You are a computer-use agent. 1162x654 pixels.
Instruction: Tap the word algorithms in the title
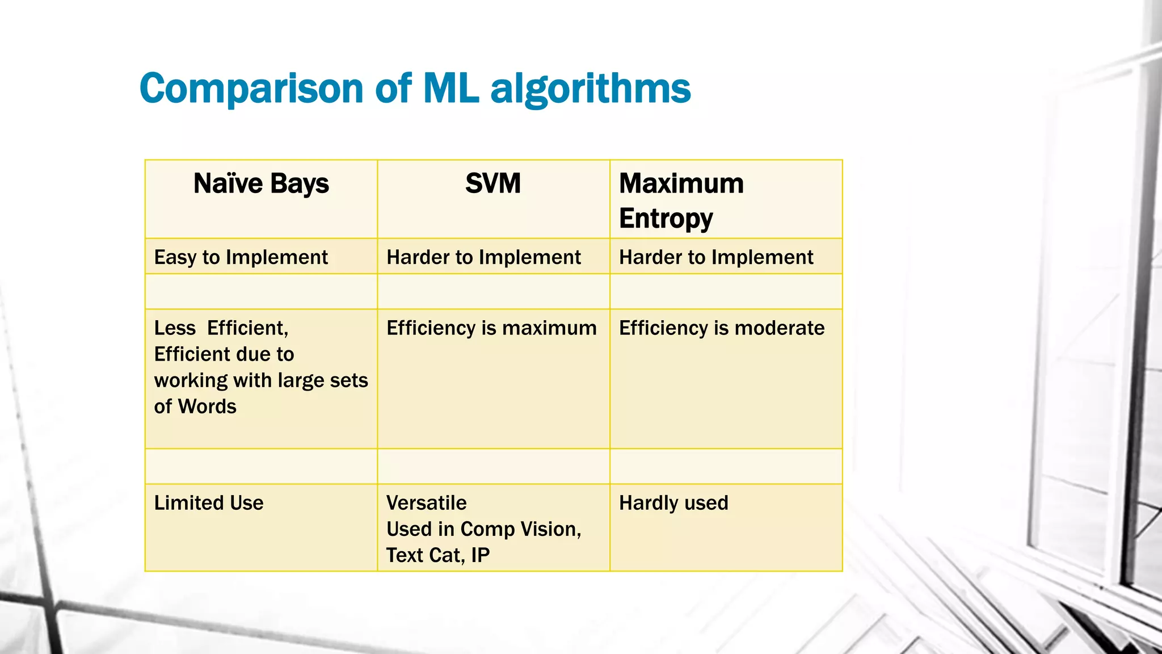[591, 89]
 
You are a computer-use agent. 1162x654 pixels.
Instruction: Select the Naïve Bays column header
[261, 183]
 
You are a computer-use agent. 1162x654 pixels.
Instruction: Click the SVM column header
[493, 183]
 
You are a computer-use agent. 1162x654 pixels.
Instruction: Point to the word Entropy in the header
[666, 219]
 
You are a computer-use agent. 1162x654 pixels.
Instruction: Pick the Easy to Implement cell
[241, 257]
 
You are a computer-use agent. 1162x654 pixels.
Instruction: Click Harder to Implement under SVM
[483, 257]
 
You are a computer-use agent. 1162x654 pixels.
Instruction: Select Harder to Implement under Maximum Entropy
[716, 257]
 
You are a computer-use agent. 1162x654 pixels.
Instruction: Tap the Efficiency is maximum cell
[491, 328]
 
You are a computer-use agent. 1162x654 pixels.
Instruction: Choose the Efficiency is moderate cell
[722, 328]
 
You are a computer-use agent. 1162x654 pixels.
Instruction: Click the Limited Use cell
[209, 503]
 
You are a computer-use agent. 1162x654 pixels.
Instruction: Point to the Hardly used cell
[673, 503]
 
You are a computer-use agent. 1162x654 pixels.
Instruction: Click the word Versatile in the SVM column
[427, 503]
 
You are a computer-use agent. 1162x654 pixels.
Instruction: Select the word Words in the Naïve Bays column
[207, 406]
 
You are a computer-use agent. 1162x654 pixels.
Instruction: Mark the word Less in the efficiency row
[175, 328]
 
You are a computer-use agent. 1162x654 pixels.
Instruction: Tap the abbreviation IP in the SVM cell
[480, 555]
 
